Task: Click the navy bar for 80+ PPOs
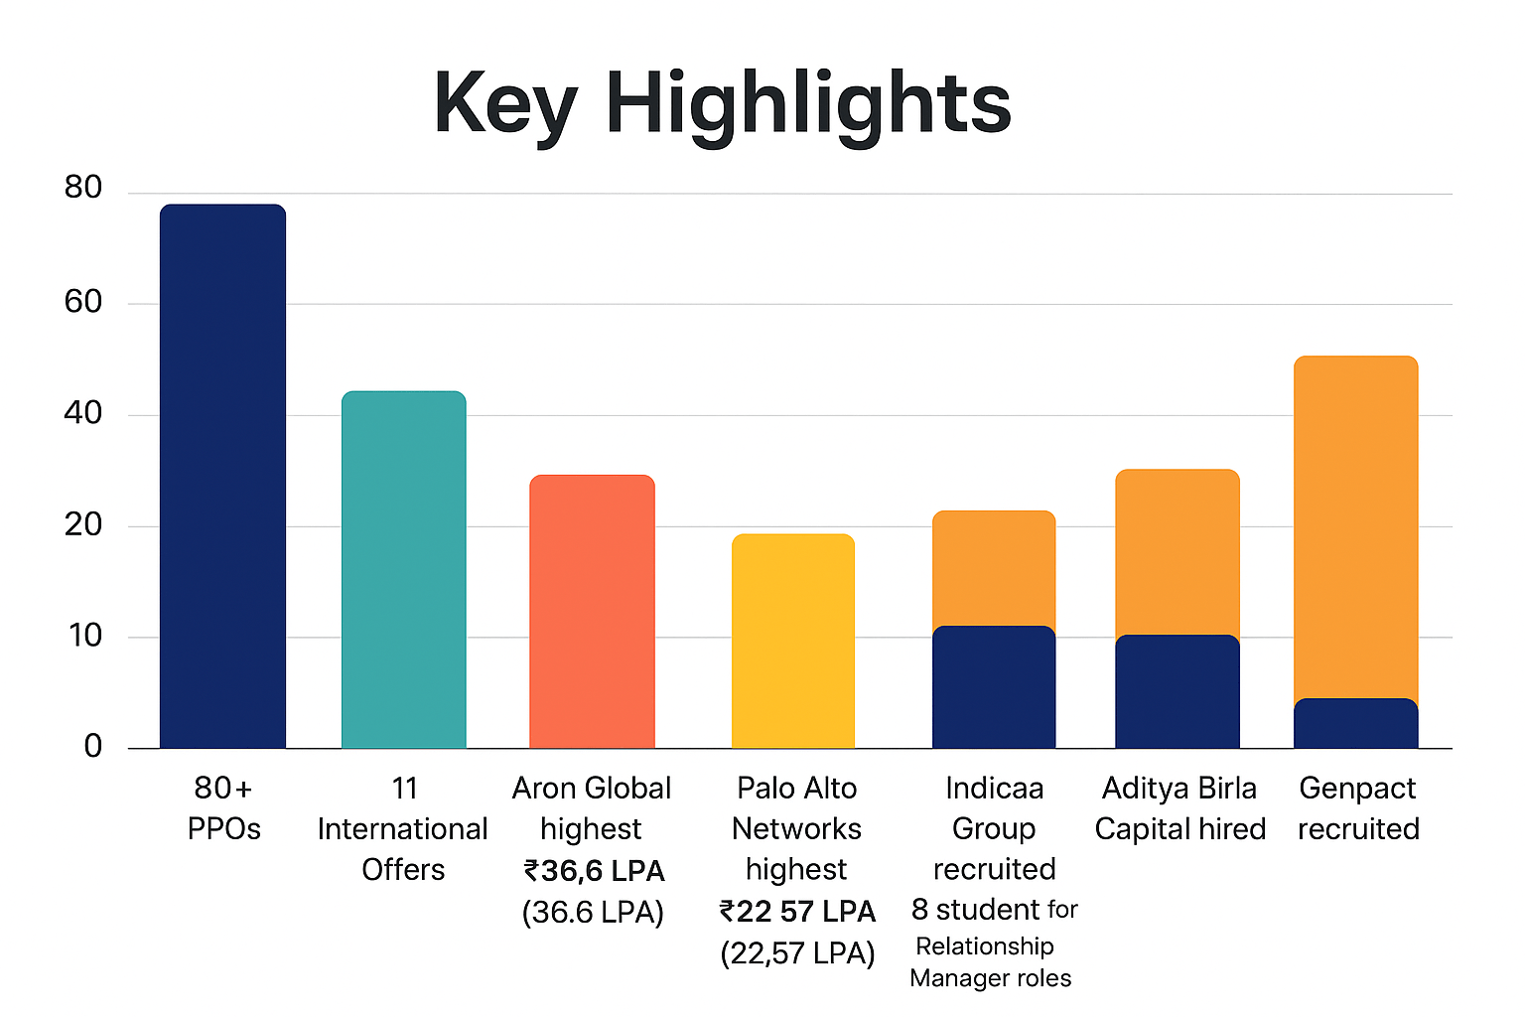tap(222, 477)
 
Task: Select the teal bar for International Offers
tap(403, 570)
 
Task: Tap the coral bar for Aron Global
tap(592, 612)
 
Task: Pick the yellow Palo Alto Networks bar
tap(792, 642)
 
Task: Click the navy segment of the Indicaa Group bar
tap(993, 687)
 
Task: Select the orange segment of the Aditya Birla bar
tap(1178, 552)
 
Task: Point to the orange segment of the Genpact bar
tap(1356, 526)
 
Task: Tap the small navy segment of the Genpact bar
tap(1356, 724)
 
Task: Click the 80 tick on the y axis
tap(83, 188)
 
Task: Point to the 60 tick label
tap(83, 302)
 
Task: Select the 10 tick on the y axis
tap(85, 636)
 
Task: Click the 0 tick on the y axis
tap(93, 746)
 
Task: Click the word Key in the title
tap(504, 105)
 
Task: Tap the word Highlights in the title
tap(808, 105)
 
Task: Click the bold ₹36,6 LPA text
tap(594, 871)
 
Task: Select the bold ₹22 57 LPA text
tap(797, 912)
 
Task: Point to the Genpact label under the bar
tap(1357, 789)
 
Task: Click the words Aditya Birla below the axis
tap(1179, 789)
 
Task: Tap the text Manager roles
tap(990, 978)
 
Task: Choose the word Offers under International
tap(403, 870)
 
